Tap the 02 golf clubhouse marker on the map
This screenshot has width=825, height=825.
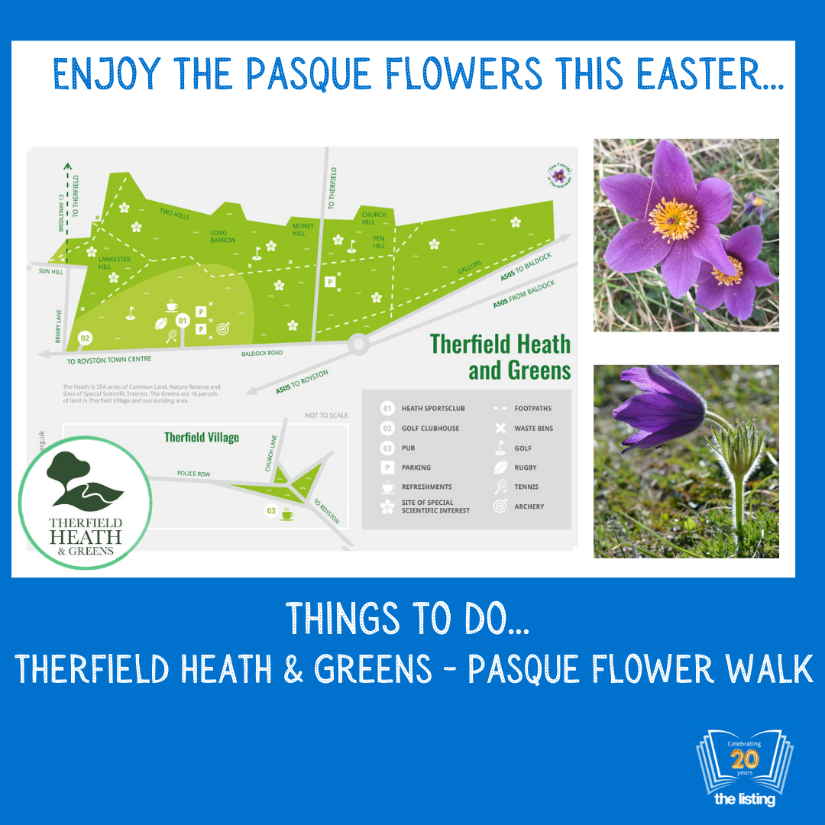click(x=85, y=338)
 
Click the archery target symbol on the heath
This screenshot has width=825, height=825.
click(x=222, y=330)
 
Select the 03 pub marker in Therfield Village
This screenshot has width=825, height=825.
click(x=270, y=510)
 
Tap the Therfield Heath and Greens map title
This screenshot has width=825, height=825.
click(x=501, y=357)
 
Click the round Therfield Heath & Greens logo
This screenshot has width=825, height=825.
click(x=84, y=503)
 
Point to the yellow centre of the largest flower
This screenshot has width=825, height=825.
click(x=673, y=219)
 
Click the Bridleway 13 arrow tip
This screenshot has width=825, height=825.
click(x=67, y=165)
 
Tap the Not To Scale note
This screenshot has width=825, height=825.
click(x=326, y=416)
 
